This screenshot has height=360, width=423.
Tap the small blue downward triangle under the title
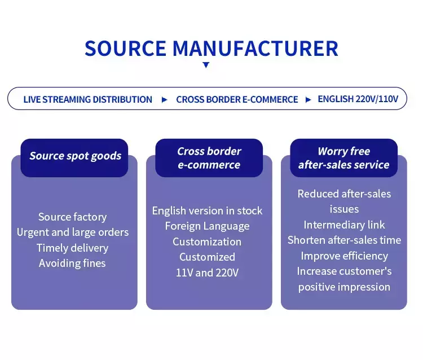206,65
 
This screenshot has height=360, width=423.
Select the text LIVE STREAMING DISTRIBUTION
87,99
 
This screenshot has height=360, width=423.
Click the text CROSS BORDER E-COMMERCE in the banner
237,99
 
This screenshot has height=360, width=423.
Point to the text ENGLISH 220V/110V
358,99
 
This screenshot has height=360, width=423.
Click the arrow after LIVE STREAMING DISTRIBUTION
164,99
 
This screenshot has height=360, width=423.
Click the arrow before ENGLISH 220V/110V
308,99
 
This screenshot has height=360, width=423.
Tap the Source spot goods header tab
75,156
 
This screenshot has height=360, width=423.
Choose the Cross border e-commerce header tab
209,158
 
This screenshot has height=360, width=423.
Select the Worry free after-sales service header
343,158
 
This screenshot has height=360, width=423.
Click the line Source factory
72,217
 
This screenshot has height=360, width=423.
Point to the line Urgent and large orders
73,232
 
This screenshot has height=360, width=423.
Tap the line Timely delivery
72,248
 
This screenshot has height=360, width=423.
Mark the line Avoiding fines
72,263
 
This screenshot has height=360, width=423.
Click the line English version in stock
207,210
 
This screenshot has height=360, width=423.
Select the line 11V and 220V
207,273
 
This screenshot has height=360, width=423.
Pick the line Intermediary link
344,225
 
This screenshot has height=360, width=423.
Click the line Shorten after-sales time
344,240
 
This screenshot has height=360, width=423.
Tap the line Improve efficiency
344,256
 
